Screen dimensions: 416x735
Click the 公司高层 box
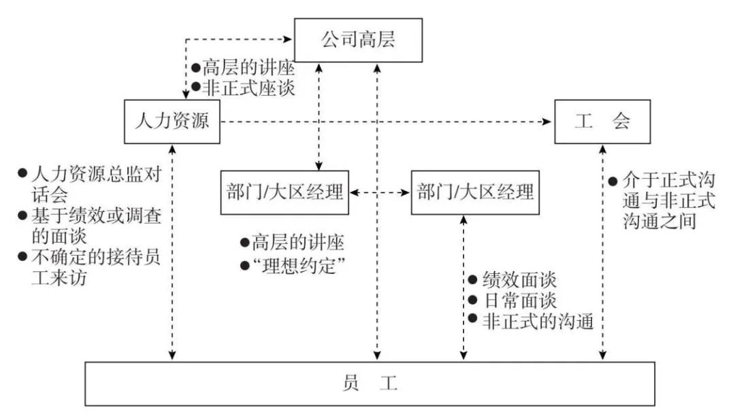point(358,40)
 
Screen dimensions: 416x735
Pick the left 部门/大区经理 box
point(284,192)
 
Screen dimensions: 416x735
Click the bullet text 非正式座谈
point(249,88)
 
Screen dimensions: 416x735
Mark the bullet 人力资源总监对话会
point(88,184)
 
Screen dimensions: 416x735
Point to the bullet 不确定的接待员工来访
point(88,267)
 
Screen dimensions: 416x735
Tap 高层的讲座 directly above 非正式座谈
point(249,68)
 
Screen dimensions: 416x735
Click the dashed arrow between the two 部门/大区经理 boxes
point(380,193)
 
